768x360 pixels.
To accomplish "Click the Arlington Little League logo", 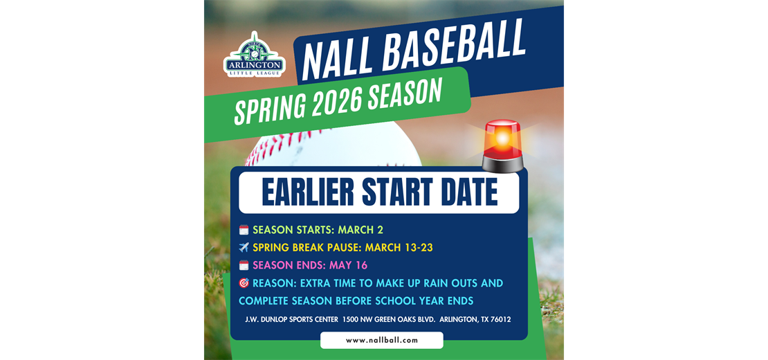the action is [x=255, y=55].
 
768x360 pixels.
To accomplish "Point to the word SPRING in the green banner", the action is [x=268, y=108].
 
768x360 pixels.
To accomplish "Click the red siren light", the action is [x=502, y=145].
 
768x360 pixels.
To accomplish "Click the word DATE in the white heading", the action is [x=468, y=192].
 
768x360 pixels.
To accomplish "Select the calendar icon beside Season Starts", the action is [x=244, y=230].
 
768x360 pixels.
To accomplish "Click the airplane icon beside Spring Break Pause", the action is [x=244, y=247].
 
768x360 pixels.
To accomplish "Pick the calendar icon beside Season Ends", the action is [x=244, y=265].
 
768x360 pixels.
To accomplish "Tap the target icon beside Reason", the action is [x=244, y=283].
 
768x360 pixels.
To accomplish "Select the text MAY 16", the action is [x=348, y=265].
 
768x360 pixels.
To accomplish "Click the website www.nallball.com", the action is [x=382, y=341].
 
